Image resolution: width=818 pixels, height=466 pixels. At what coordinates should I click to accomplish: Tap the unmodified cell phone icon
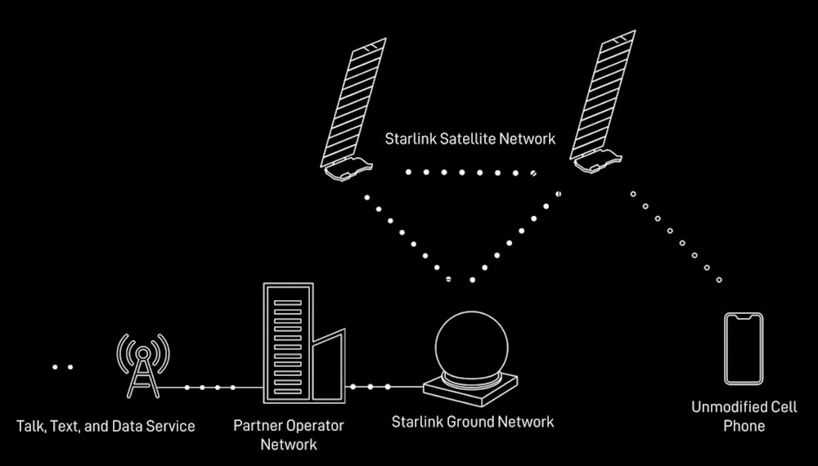coord(744,349)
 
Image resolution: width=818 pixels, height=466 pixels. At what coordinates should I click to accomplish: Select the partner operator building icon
coord(304,343)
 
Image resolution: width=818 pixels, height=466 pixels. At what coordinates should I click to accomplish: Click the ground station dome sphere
coord(471,346)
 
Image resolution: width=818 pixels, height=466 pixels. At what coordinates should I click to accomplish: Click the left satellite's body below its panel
coord(348,168)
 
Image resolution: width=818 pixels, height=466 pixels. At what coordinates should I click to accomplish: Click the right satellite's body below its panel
coord(597,160)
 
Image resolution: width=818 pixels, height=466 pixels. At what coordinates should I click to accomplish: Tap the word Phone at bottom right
coord(744,426)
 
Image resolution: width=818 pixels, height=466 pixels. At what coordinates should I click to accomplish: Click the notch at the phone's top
coord(744,316)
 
